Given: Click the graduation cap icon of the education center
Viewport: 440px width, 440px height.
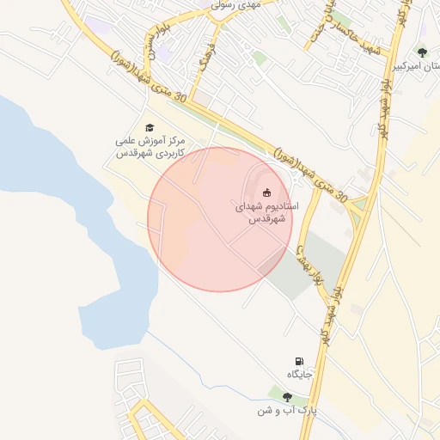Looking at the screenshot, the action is pyautogui.click(x=150, y=127).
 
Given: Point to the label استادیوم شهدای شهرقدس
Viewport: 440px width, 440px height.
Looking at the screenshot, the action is pyautogui.click(x=266, y=213).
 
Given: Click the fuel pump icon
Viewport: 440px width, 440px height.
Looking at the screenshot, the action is pyautogui.click(x=298, y=361).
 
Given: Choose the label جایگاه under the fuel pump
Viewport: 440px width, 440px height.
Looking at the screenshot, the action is pyautogui.click(x=298, y=375).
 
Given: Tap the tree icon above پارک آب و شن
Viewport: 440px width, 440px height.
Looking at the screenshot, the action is pyautogui.click(x=286, y=397).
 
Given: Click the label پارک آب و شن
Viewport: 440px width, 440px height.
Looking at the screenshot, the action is pyautogui.click(x=285, y=411).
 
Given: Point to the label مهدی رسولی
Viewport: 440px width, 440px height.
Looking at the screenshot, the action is pyautogui.click(x=238, y=4).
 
